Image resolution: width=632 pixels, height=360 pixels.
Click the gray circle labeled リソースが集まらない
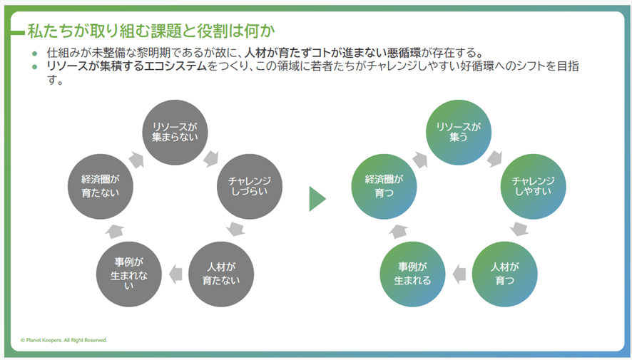(x=174, y=132)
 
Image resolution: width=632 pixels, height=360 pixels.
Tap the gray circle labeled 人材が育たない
(x=221, y=274)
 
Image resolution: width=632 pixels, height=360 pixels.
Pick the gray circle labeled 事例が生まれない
(x=128, y=274)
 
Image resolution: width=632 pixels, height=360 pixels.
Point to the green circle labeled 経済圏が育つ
(x=384, y=186)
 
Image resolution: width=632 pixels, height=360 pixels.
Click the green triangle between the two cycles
(x=316, y=199)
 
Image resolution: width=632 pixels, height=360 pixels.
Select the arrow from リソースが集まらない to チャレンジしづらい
(x=211, y=158)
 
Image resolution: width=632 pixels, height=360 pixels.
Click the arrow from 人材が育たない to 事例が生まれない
(x=174, y=272)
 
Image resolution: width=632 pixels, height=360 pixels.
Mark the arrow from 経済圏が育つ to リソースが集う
(x=419, y=159)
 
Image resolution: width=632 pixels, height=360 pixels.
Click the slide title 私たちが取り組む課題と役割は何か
(x=151, y=31)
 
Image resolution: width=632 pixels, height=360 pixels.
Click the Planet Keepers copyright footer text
(x=64, y=340)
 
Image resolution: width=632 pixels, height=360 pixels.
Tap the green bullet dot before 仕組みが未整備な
(x=35, y=53)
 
